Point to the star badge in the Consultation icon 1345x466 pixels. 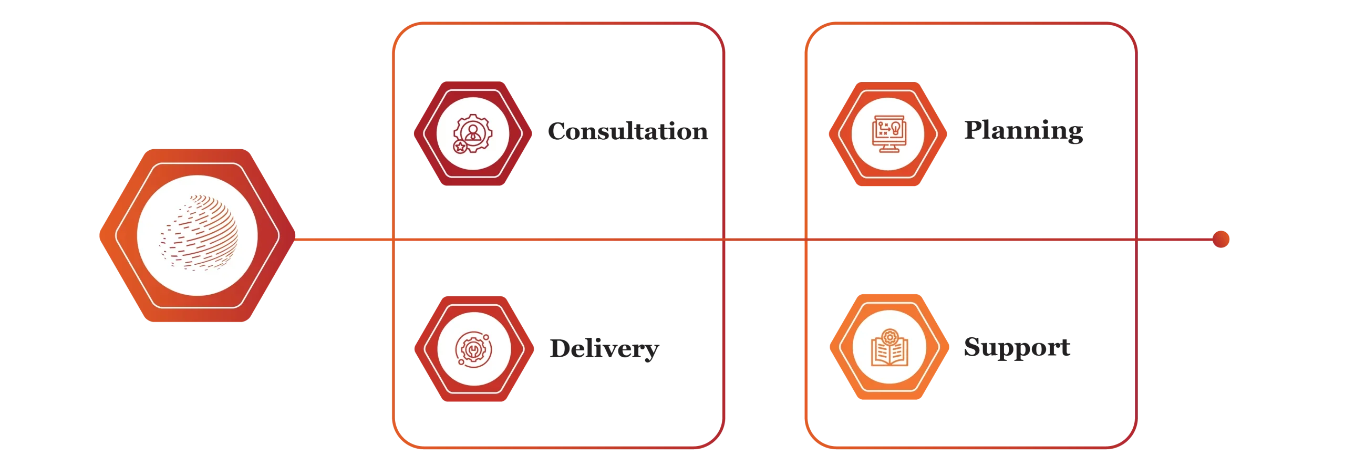[460, 147]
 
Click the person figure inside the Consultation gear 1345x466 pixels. [473, 131]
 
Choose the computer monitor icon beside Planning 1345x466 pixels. [888, 133]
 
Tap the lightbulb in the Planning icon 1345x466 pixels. [895, 128]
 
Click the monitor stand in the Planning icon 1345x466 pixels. [888, 149]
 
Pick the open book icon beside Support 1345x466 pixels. [889, 351]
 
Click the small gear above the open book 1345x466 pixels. [889, 336]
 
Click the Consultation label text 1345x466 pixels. [627, 131]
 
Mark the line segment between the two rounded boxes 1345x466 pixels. [765, 240]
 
